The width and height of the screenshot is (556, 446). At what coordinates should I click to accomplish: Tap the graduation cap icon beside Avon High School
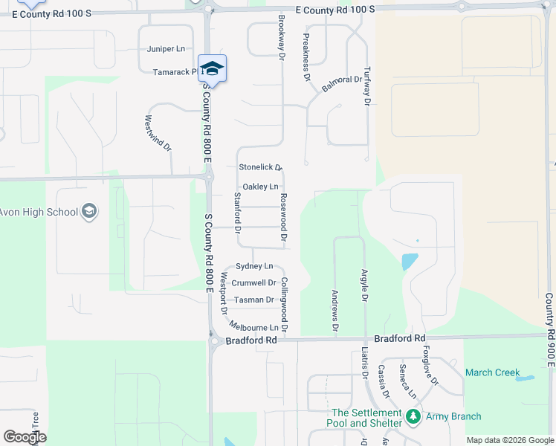(x=90, y=212)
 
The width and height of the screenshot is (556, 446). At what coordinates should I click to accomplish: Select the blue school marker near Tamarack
(x=212, y=69)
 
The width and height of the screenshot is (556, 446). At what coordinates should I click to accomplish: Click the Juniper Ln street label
(x=166, y=49)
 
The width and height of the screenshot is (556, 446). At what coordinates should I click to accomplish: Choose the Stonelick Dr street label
(x=261, y=167)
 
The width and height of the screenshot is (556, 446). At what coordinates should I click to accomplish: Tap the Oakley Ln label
(x=261, y=186)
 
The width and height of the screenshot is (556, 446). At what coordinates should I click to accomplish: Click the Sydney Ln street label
(x=254, y=265)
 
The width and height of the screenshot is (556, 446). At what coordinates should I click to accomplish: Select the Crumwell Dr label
(x=253, y=282)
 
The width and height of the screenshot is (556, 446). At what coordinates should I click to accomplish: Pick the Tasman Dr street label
(x=253, y=300)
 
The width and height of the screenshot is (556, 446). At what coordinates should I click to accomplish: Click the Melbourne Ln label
(x=254, y=326)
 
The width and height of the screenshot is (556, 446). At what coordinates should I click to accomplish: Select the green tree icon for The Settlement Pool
(x=413, y=416)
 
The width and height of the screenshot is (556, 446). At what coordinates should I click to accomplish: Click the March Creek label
(x=493, y=372)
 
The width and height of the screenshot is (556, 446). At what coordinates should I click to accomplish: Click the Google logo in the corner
(x=25, y=437)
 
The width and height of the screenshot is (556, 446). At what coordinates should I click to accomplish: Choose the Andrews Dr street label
(x=335, y=311)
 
